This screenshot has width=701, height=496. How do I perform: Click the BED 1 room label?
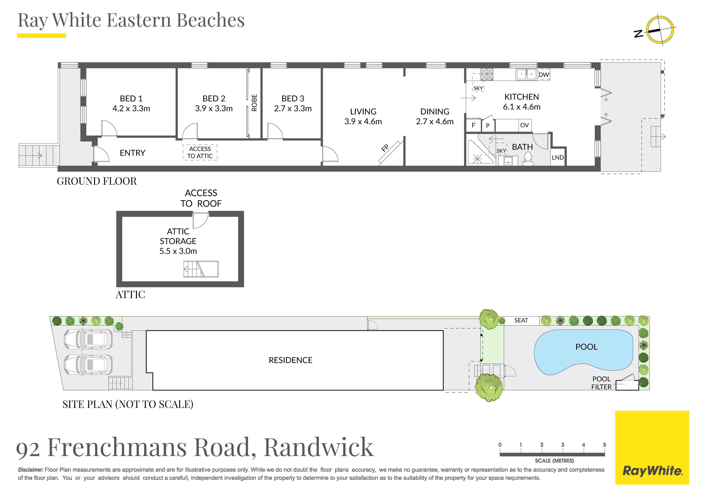131,98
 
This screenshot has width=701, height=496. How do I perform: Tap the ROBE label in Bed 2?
254,103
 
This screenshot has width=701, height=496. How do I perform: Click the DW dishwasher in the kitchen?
543,75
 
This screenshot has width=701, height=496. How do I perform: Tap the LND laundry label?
558,157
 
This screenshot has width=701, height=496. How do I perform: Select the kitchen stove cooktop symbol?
487,74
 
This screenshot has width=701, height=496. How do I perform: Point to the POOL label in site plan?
586,347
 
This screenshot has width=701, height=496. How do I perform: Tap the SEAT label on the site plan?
521,320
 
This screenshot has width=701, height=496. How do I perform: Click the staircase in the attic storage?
201,269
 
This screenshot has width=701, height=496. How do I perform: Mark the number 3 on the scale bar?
562,445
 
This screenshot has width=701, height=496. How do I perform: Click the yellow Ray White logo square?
652,448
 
